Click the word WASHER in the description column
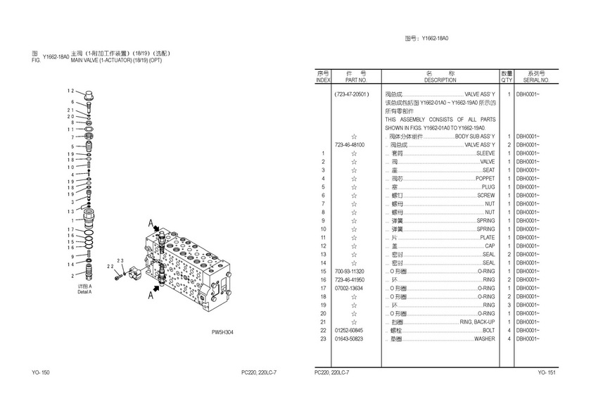coord(484,339)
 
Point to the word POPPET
coord(485,179)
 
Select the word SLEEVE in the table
coord(485,153)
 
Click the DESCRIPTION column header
coord(440,80)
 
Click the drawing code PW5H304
coord(222,333)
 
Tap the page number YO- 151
coord(547,372)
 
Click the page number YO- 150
coord(41,372)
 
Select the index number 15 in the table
coord(323,272)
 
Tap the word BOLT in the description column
coord(488,331)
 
